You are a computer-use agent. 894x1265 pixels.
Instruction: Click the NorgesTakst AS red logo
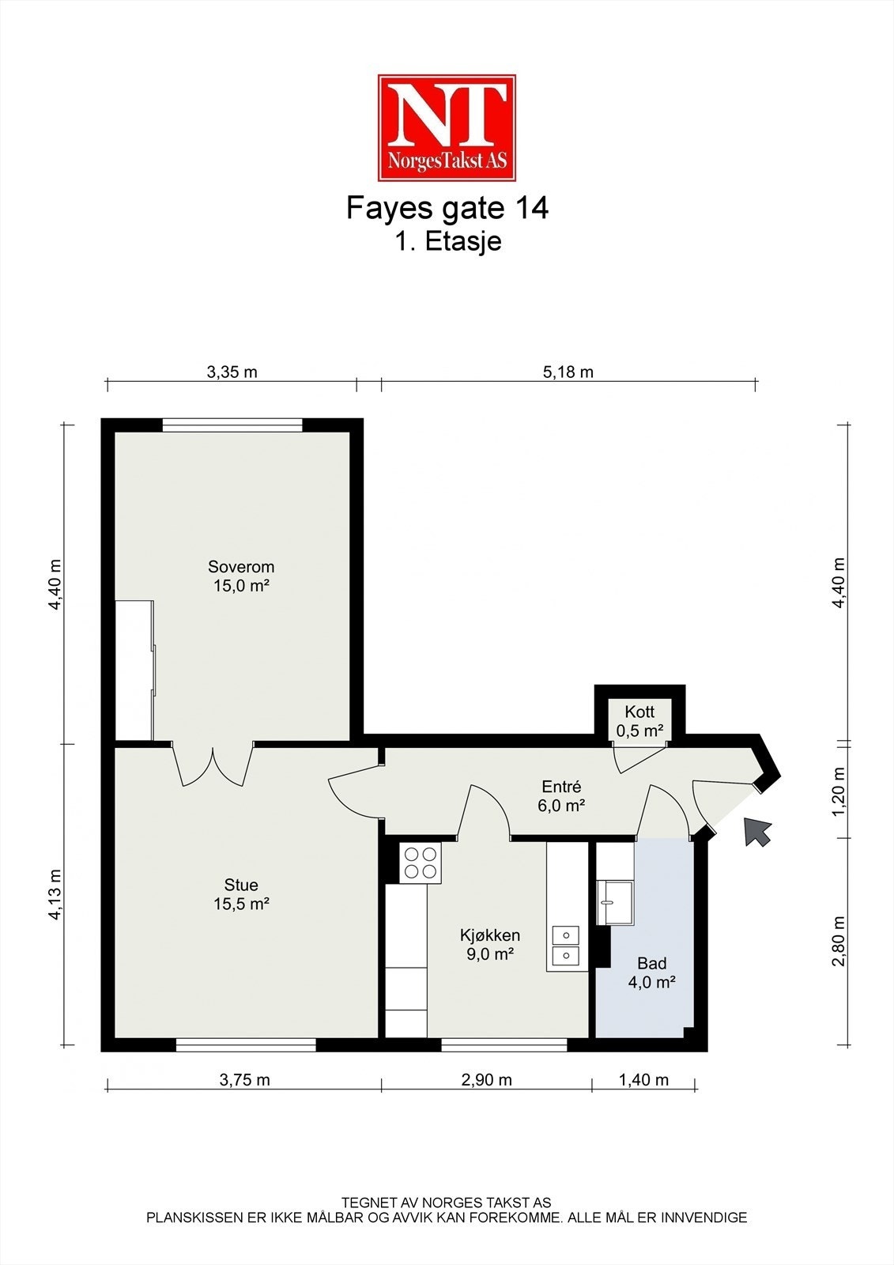(x=447, y=127)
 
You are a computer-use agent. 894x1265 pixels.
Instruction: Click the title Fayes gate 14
(x=447, y=208)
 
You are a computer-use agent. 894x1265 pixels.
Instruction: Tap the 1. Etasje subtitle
(x=447, y=241)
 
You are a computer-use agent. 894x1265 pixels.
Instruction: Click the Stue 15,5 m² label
(x=241, y=894)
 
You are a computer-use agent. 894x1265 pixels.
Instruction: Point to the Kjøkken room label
(x=490, y=945)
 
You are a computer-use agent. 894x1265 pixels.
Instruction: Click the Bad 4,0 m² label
(x=651, y=972)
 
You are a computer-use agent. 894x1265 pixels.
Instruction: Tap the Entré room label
(x=561, y=796)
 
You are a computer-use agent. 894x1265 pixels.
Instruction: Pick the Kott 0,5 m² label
(x=639, y=721)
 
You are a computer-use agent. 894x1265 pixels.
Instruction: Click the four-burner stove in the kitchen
(x=421, y=863)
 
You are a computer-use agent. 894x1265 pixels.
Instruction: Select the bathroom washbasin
(x=615, y=902)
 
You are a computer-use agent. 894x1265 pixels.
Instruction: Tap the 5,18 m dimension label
(x=568, y=372)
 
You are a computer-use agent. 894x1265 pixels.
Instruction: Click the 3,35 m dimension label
(x=232, y=372)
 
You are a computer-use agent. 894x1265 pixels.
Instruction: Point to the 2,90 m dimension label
(x=486, y=1079)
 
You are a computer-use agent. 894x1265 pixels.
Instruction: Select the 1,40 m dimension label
(x=643, y=1079)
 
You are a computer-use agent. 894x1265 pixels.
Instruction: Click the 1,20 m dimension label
(x=839, y=791)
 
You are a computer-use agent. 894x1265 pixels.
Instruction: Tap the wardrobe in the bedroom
(x=134, y=670)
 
